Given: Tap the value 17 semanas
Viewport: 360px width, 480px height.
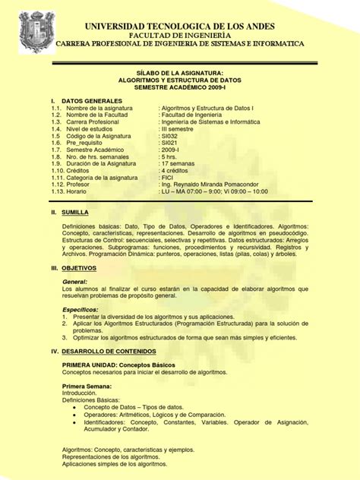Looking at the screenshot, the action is tap(182, 163).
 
